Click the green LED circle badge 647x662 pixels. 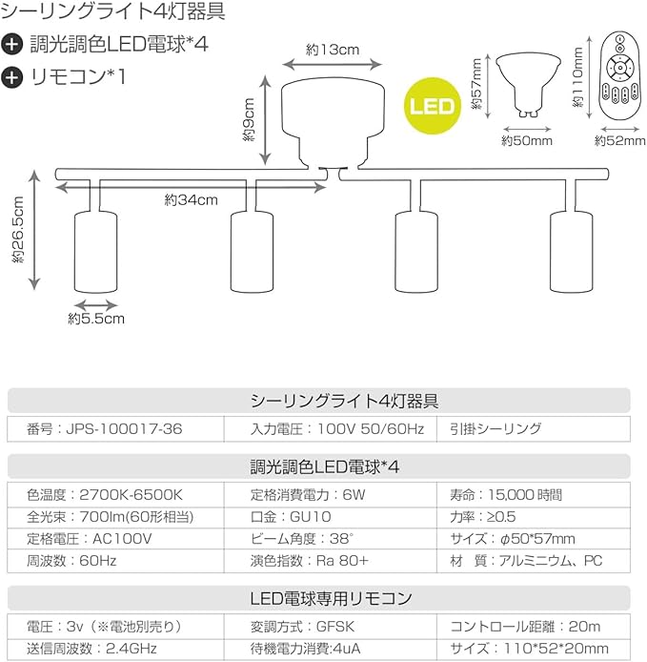(432, 104)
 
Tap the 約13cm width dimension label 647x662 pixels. (332, 49)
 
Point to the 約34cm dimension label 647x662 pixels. (191, 199)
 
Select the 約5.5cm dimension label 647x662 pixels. (96, 320)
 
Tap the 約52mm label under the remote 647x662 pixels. (614, 140)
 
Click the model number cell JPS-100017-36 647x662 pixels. (105, 430)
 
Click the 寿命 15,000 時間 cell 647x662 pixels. (505, 495)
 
